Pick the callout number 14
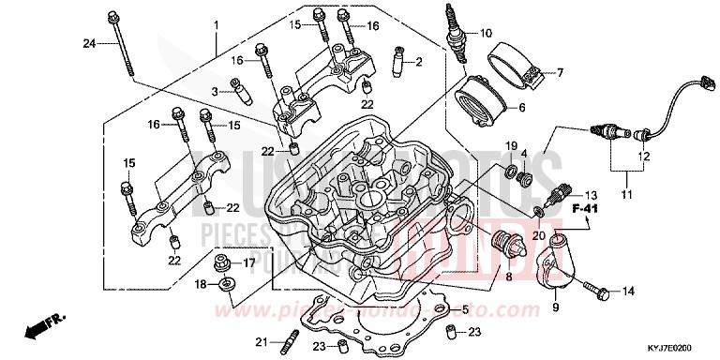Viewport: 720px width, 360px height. [626, 291]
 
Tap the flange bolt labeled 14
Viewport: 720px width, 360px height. [597, 290]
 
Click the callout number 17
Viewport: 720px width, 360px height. [249, 263]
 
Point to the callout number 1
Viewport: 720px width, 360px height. [215, 23]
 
